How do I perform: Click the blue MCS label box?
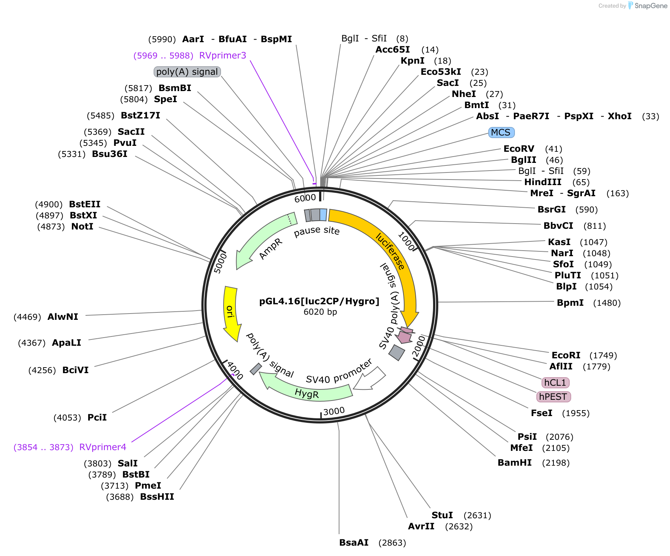coord(501,133)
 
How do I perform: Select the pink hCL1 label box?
coord(555,382)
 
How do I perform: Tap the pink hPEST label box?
coord(553,397)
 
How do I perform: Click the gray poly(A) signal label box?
coord(187,72)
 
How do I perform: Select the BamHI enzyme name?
coord(515,463)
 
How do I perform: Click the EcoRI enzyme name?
coord(566,355)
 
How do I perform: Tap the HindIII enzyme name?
coord(543,182)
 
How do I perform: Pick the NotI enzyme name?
coord(82,227)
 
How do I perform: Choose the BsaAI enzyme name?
coord(354,543)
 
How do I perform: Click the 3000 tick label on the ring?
coord(334,411)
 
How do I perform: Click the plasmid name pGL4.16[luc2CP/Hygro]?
coord(319,301)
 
